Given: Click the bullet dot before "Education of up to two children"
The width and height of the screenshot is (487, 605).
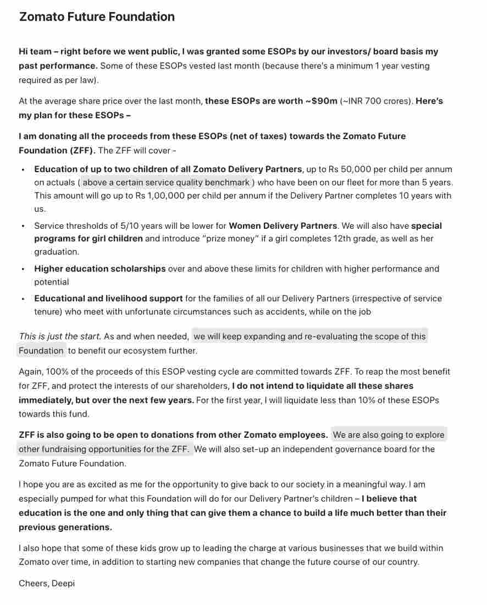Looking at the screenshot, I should (x=23, y=170).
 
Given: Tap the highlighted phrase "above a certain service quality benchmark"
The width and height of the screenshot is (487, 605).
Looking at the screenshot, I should (x=167, y=182).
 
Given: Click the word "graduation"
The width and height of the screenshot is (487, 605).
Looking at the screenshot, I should (x=56, y=252).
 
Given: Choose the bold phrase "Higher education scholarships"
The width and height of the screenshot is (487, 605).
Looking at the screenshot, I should (x=99, y=269).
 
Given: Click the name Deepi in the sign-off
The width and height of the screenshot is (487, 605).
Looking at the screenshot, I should (x=63, y=583).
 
